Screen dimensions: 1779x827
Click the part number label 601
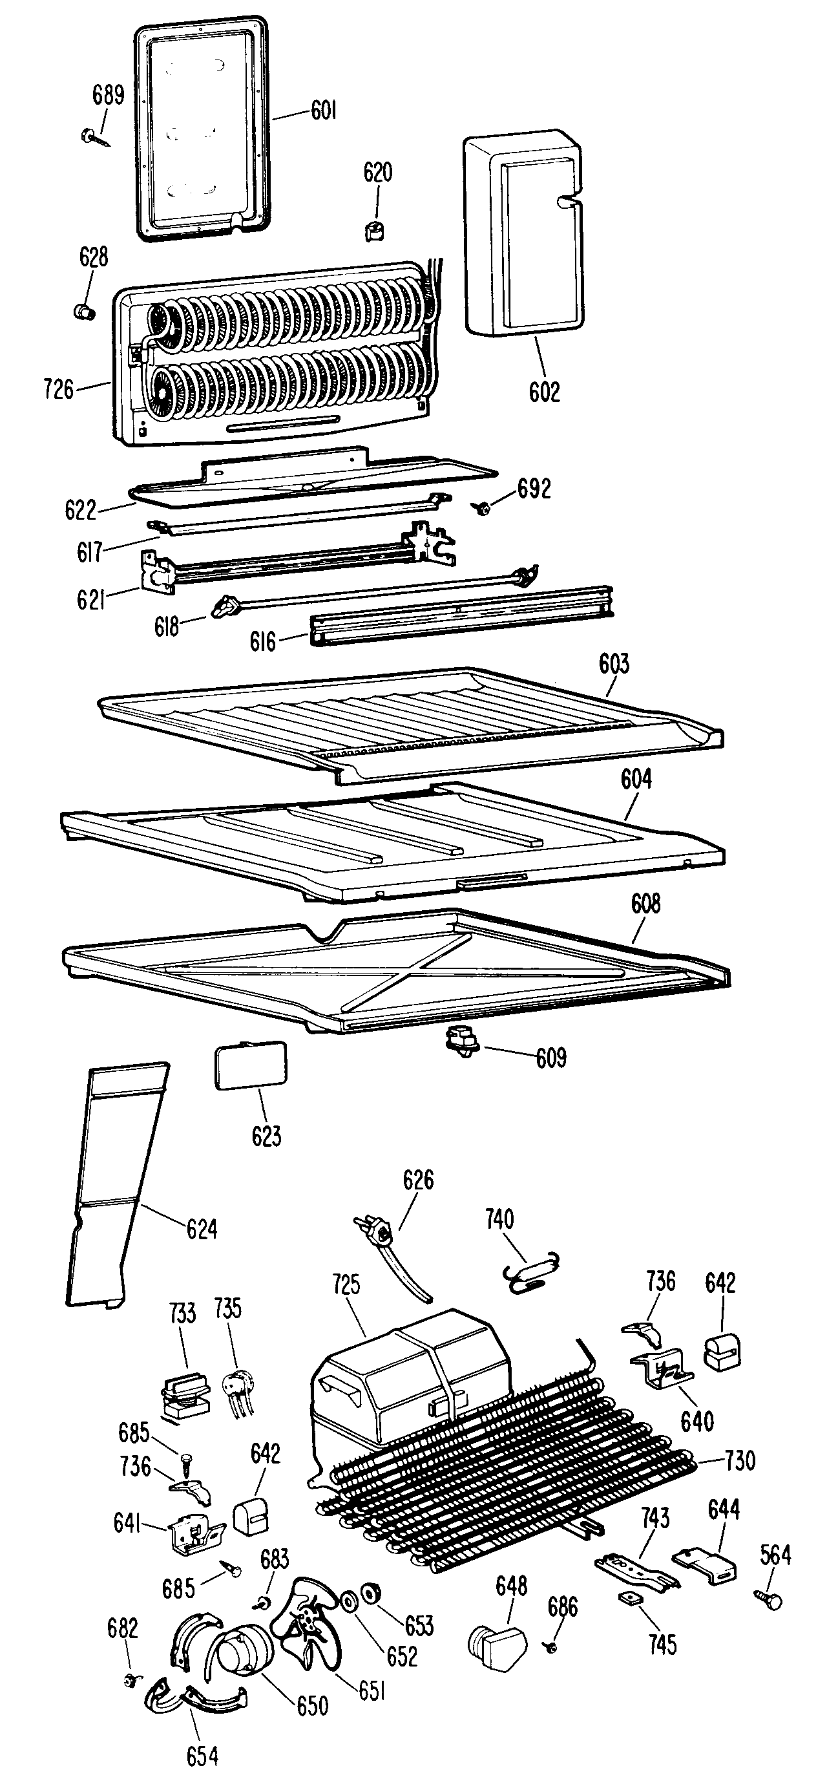pos(323,110)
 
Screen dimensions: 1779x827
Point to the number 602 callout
pos(544,392)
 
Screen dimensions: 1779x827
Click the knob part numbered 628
pos(83,312)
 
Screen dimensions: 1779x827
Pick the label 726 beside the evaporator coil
pos(59,390)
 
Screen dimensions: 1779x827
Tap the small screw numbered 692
pos(481,509)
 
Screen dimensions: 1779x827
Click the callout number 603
pos(614,664)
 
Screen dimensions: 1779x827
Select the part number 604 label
pos(636,779)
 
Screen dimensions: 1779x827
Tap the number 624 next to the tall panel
pos(202,1230)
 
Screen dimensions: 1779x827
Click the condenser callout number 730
pos(739,1461)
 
